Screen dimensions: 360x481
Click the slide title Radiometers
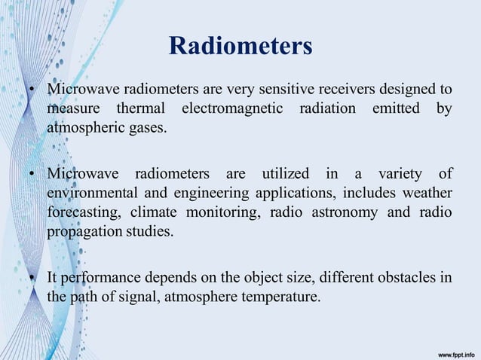pos(240,47)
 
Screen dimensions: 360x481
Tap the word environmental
pos(87,194)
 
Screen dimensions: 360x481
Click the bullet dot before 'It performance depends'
pos(34,279)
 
